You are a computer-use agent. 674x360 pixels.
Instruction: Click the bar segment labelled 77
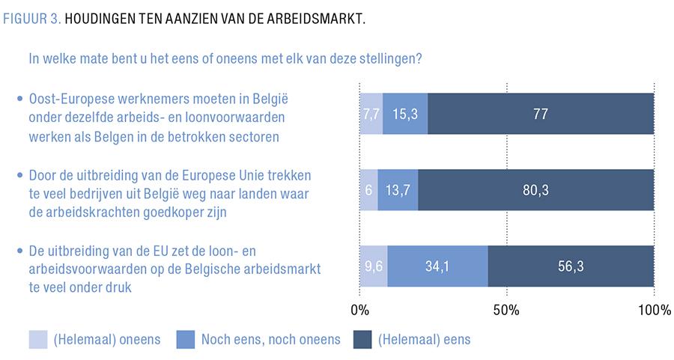coord(541,114)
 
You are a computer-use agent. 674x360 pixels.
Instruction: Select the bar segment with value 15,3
coord(405,114)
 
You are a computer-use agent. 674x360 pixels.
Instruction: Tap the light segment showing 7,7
coord(371,114)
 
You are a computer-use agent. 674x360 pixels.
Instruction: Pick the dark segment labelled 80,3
coord(535,190)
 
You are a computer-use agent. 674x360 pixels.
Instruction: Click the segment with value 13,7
coord(398,190)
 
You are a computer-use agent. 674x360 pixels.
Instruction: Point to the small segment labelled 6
coord(369,190)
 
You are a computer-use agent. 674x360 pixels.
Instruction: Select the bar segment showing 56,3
coord(571,266)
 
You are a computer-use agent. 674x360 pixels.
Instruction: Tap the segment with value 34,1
coord(438,266)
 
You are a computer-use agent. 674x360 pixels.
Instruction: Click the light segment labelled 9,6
coord(374,266)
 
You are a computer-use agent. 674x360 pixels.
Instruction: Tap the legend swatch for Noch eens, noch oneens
coord(184,339)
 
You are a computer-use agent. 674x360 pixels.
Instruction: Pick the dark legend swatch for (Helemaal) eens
coord(362,339)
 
